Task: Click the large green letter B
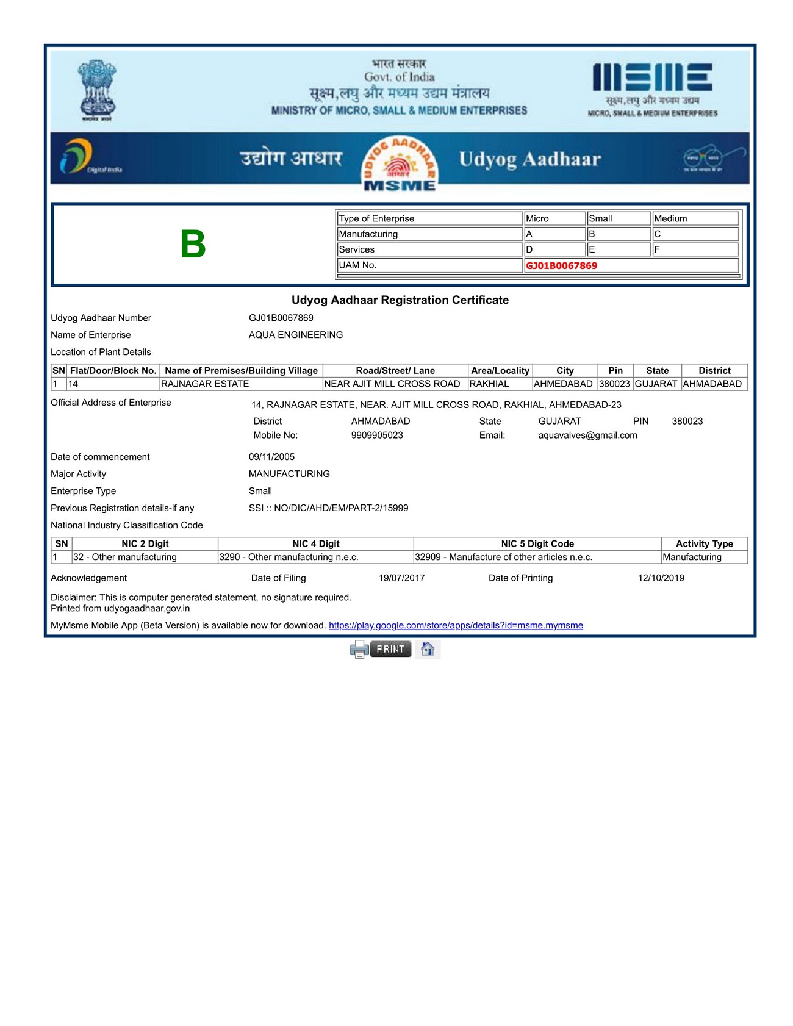(193, 244)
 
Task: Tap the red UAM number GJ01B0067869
(561, 265)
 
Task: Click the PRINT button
(390, 649)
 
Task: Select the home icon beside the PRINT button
(428, 649)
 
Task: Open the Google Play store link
(456, 625)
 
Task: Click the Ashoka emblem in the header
(97, 90)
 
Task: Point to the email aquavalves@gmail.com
(587, 435)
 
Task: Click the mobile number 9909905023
(377, 435)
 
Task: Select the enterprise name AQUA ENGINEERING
(296, 335)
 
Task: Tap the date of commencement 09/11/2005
(271, 457)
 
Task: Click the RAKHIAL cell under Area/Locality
(489, 384)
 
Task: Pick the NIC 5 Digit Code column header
(537, 543)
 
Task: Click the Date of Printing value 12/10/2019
(661, 578)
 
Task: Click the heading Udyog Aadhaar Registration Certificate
(400, 300)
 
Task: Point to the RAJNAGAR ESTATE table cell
(205, 384)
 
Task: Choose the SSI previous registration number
(328, 508)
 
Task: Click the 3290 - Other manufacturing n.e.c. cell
(289, 557)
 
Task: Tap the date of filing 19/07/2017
(401, 578)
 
